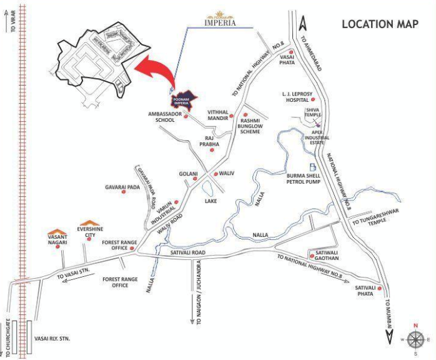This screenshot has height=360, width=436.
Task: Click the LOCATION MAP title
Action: (x=380, y=24)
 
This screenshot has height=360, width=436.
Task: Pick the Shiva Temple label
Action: (x=314, y=113)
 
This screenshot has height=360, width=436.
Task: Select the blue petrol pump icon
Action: (x=313, y=165)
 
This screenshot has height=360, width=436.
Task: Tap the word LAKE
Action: (x=211, y=201)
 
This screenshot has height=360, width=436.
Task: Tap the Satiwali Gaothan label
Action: (x=324, y=258)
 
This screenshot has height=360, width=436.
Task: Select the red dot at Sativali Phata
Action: (x=376, y=287)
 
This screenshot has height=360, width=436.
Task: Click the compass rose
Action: (x=415, y=339)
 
